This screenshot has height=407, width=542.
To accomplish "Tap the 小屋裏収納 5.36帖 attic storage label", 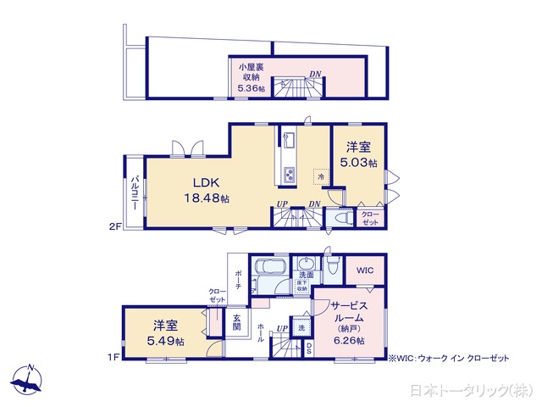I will click(x=251, y=76).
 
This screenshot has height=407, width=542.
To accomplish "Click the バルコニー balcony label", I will click(x=135, y=192).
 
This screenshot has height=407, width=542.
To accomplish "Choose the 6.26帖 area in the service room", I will click(x=348, y=341).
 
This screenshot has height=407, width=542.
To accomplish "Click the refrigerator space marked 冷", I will click(x=321, y=176).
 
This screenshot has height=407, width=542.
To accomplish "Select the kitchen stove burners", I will click(x=288, y=176).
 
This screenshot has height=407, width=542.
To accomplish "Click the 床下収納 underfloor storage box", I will click(x=301, y=287).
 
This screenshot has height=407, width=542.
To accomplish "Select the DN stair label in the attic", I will click(x=314, y=74).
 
